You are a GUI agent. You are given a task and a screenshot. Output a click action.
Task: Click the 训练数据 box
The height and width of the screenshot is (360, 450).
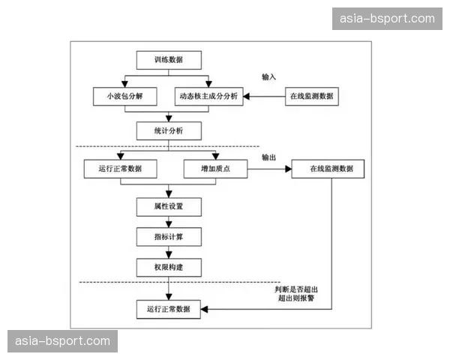click(169, 59)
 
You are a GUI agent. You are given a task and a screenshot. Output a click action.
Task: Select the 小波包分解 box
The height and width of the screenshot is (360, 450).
click(120, 97)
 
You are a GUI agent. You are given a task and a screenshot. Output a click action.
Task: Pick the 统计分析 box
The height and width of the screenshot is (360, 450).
click(169, 131)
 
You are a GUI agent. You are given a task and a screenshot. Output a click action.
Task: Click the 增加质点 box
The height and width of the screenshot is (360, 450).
click(216, 169)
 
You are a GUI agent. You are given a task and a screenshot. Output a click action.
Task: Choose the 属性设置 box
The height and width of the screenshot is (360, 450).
click(169, 205)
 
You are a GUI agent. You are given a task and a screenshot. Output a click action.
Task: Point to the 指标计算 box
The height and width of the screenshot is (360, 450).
click(169, 236)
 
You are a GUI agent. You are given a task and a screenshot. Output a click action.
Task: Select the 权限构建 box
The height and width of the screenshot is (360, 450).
click(169, 267)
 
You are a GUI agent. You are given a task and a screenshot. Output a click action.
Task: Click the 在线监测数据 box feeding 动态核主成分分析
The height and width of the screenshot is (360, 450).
click(311, 97)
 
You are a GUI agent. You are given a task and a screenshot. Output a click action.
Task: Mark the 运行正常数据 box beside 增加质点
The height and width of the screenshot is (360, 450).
click(120, 169)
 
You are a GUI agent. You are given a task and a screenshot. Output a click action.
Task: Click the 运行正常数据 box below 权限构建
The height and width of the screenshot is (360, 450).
click(169, 308)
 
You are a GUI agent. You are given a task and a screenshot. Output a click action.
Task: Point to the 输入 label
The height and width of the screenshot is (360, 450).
click(269, 77)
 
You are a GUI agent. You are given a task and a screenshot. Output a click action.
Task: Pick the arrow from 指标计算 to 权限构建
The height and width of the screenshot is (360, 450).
click(169, 252)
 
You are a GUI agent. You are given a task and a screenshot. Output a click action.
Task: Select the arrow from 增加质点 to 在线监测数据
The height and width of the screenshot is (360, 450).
click(269, 169)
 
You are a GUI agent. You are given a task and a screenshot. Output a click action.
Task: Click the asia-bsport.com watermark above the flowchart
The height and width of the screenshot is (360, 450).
click(387, 18)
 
